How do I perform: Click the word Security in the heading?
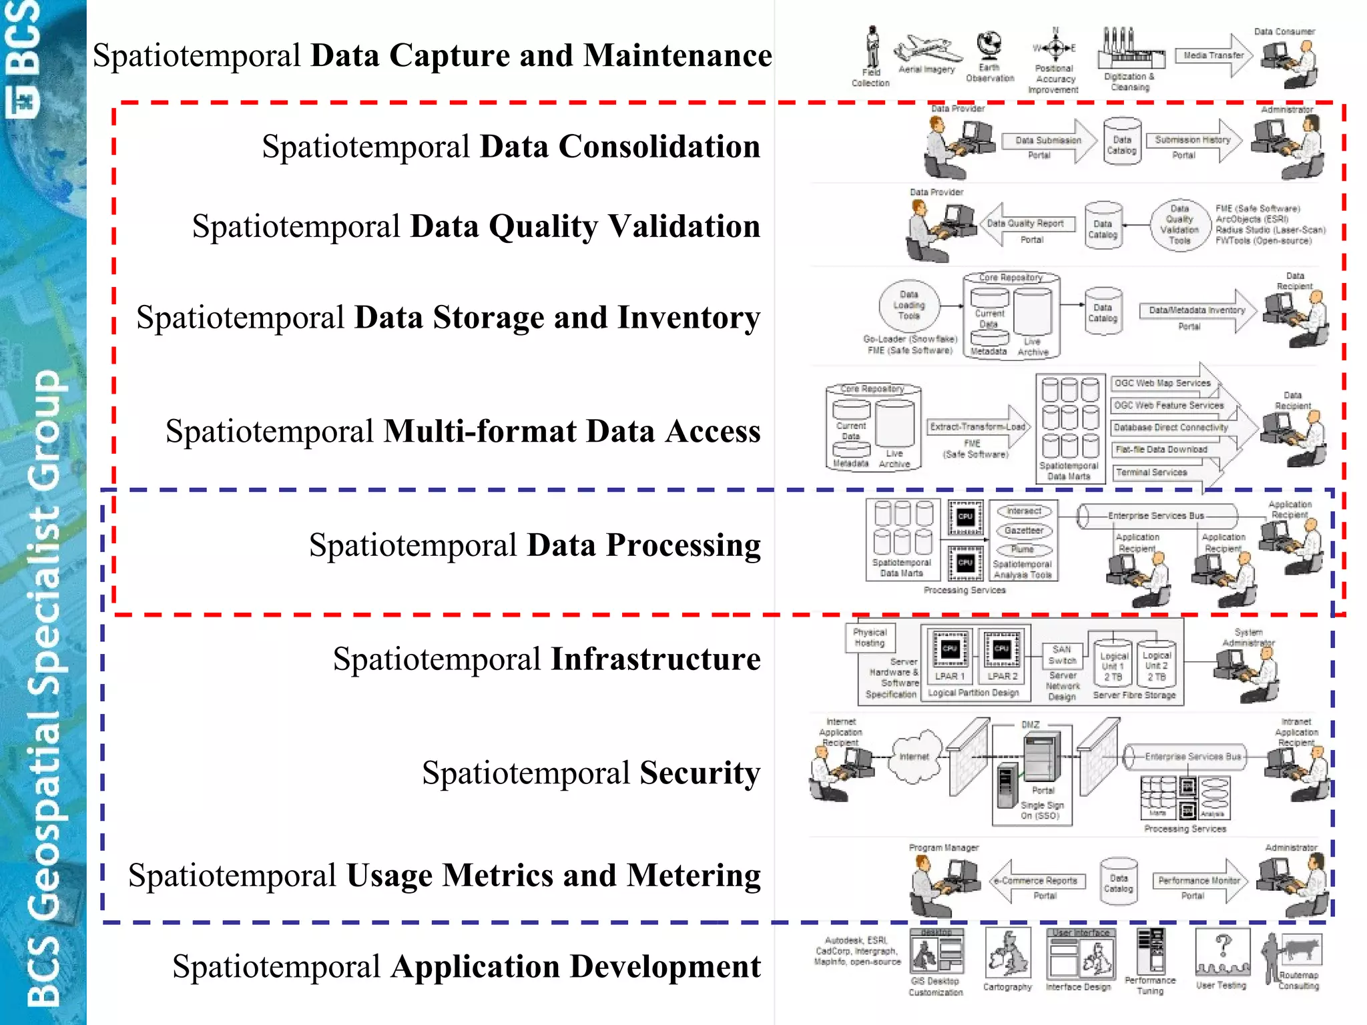click(700, 773)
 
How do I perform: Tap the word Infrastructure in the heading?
click(655, 659)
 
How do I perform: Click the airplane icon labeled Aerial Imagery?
click(928, 49)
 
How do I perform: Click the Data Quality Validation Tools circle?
click(1179, 225)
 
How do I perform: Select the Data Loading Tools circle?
click(909, 306)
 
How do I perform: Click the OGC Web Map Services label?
click(1162, 384)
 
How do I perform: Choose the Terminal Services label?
click(1152, 472)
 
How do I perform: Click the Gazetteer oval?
click(1024, 531)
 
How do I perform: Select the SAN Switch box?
click(1062, 655)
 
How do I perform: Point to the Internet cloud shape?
click(914, 757)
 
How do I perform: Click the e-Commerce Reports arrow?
click(1039, 881)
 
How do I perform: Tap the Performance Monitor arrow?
click(1199, 881)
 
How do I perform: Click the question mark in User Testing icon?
click(1223, 945)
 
